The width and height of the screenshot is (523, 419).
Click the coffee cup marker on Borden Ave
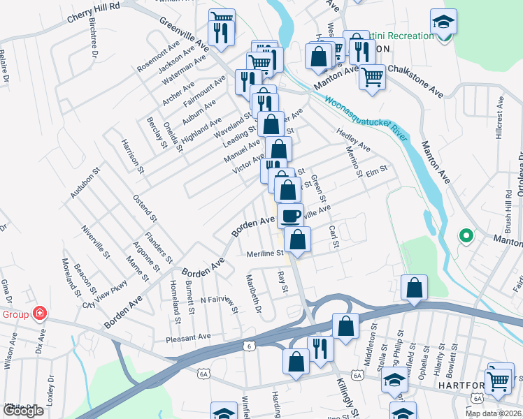tap(290, 215)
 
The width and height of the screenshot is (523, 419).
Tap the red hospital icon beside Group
tap(40, 314)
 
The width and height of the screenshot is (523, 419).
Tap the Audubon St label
tap(85, 183)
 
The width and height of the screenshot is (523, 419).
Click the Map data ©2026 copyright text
tap(494, 413)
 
